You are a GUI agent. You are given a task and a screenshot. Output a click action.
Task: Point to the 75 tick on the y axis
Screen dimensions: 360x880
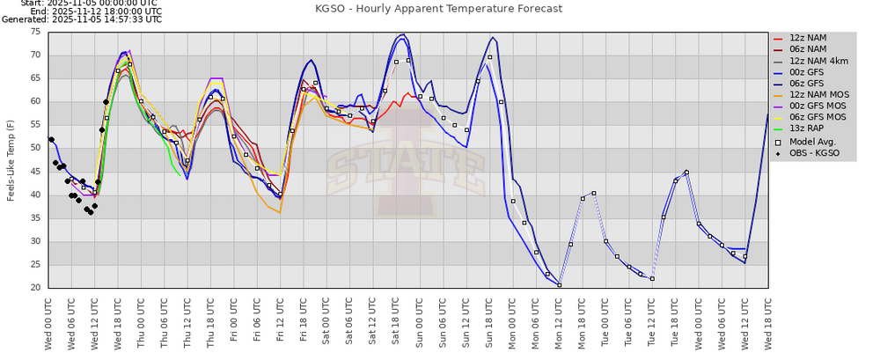pos(34,32)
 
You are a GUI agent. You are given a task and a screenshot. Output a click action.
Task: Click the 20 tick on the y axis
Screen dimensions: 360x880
pos(34,288)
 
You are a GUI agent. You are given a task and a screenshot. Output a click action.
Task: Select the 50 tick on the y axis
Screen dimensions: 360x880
pos(34,148)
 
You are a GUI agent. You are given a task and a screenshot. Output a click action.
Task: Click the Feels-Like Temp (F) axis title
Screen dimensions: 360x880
pos(11,159)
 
